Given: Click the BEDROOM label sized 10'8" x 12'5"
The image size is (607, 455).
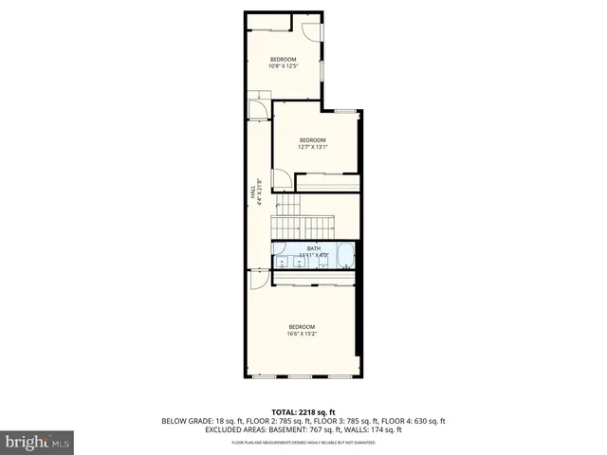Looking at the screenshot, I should (x=283, y=63).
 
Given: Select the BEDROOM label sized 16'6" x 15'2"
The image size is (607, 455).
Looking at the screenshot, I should (x=302, y=330).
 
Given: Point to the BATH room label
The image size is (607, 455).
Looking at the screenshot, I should (x=313, y=251).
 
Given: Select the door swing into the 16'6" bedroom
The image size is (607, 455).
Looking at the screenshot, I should (x=258, y=280).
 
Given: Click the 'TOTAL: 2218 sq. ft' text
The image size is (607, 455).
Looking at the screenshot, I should (x=303, y=412).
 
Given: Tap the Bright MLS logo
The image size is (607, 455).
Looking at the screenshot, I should (x=38, y=442).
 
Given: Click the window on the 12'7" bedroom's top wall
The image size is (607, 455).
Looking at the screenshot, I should (x=346, y=111).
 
